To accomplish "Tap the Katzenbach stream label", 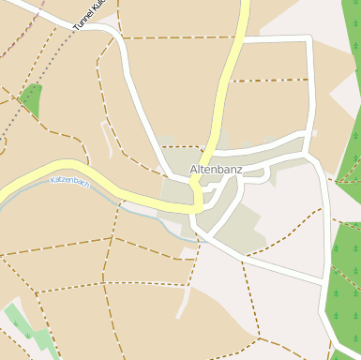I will pos(70,181).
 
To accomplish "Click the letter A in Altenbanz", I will pos(194,169).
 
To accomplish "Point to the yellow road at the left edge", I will pos(5,192).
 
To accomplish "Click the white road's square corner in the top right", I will pos(310,38).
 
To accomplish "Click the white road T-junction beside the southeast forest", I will pos(327,278).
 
